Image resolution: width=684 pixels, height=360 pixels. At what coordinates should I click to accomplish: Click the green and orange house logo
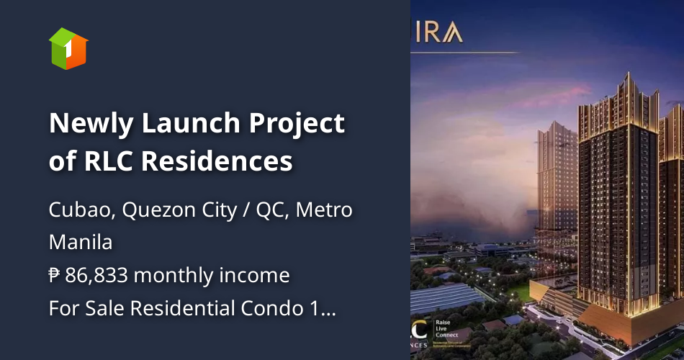click(68, 48)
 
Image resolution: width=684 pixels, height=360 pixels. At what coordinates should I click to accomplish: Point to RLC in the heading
click(107, 161)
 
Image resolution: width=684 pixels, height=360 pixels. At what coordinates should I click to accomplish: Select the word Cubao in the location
click(80, 211)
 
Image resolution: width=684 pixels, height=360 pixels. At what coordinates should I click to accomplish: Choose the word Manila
click(81, 243)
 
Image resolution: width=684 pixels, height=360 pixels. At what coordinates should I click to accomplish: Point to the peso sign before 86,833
click(55, 275)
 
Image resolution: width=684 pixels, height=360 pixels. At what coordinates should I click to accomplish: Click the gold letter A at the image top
click(454, 34)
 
